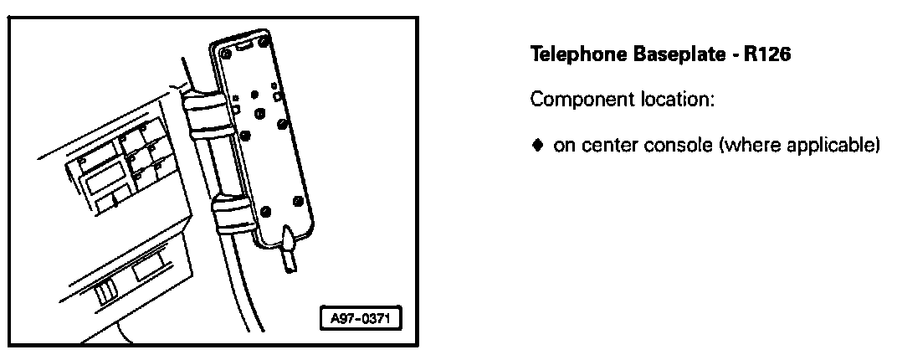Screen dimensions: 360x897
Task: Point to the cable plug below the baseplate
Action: [289, 251]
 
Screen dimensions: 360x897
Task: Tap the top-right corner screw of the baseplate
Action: [264, 39]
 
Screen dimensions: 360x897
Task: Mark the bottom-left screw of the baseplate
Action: [265, 210]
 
